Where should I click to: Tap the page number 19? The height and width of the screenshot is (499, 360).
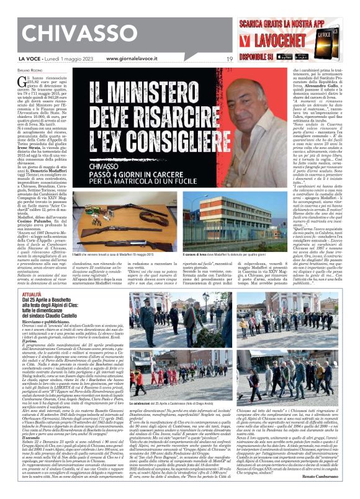(x=229, y=59)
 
